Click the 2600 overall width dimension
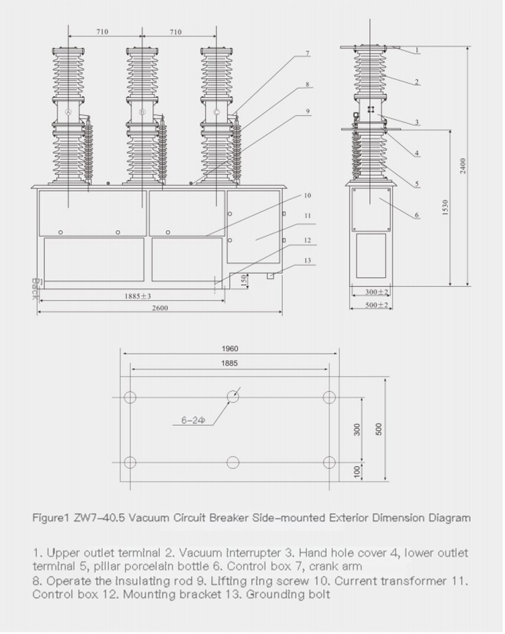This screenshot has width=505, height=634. tap(160, 308)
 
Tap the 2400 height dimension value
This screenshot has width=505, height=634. tap(463, 166)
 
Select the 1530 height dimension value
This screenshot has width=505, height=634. tap(445, 207)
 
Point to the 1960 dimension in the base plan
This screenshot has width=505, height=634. tap(230, 349)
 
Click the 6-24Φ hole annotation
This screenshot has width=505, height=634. tap(193, 420)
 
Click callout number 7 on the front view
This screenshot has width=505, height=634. tap(307, 53)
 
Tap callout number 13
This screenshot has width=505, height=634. tap(307, 260)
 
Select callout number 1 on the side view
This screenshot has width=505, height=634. tap(417, 51)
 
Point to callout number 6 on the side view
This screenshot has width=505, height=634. tap(417, 215)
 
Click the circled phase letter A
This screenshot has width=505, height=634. tap(68, 112)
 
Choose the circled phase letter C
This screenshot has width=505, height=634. tap(217, 112)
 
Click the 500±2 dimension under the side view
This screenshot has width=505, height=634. tap(377, 305)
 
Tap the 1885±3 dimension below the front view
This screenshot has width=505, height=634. tap(138, 296)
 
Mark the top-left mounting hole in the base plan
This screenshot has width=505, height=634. tap(130, 397)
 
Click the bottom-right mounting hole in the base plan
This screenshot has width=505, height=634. tap(329, 462)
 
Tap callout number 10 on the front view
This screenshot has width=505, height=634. tap(307, 195)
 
